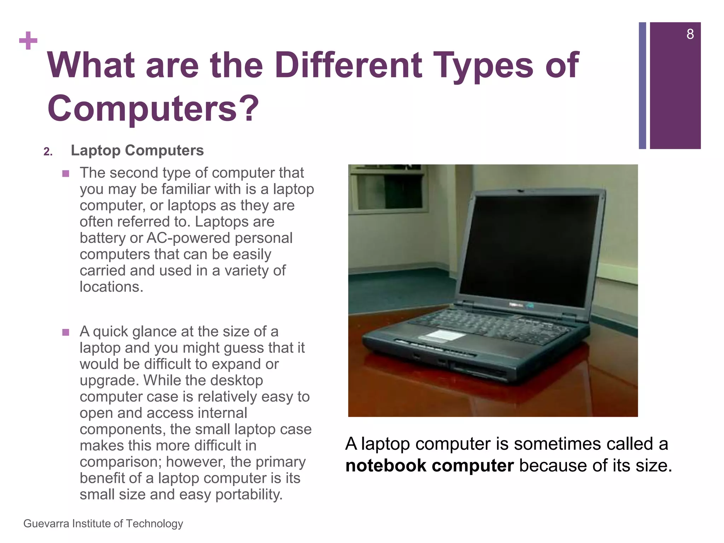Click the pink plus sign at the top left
[x=28, y=41]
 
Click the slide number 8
[x=690, y=34]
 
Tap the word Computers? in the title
[x=153, y=108]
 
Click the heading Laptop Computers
[x=137, y=151]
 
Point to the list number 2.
[x=48, y=152]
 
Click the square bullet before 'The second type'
[x=65, y=174]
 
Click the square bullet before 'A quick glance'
[x=65, y=332]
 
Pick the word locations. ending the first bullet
[x=111, y=287]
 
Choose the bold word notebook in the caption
[x=386, y=466]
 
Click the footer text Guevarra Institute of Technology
[x=103, y=524]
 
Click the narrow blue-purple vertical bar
[x=642, y=86]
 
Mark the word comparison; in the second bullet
[x=121, y=462]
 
